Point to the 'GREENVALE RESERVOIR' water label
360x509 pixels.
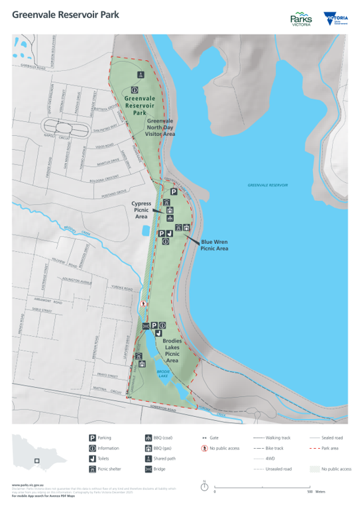272,185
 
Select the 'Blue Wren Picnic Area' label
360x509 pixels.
214,246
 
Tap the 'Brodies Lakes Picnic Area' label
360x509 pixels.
172,350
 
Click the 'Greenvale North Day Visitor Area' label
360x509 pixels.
160,128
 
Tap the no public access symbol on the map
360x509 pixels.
143,304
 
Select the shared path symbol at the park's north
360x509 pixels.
140,74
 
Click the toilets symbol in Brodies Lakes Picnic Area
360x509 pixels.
158,333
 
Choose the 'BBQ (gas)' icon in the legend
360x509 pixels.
148,448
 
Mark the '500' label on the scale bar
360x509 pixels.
310,492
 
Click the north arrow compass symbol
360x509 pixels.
204,486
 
